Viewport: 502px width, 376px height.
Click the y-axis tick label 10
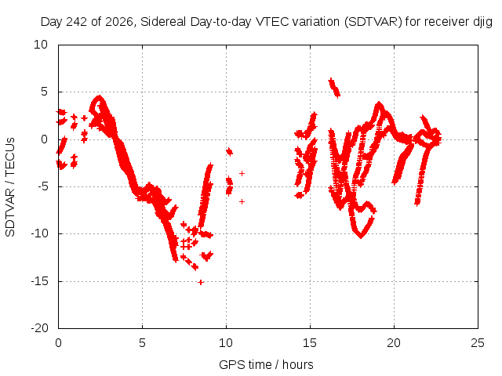click(x=41, y=45)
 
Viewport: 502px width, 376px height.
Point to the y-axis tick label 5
click(x=44, y=92)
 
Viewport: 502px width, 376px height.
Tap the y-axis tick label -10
click(x=39, y=233)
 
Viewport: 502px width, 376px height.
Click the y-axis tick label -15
click(x=39, y=281)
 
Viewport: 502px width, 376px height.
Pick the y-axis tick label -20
click(x=39, y=328)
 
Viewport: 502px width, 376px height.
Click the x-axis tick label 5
click(x=142, y=343)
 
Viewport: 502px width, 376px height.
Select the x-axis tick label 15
click(x=310, y=343)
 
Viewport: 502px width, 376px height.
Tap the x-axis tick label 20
click(x=394, y=343)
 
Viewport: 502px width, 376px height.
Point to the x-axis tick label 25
click(x=478, y=343)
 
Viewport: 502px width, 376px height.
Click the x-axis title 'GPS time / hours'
click(x=266, y=365)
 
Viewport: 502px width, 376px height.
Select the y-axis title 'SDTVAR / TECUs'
click(x=10, y=187)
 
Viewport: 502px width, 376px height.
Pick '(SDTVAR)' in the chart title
click(x=373, y=22)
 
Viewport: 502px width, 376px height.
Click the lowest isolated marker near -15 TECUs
click(x=201, y=282)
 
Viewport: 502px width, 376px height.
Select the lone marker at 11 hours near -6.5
click(x=242, y=202)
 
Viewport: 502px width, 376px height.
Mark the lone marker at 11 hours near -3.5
click(x=242, y=174)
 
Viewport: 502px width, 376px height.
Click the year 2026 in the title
click(x=119, y=22)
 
